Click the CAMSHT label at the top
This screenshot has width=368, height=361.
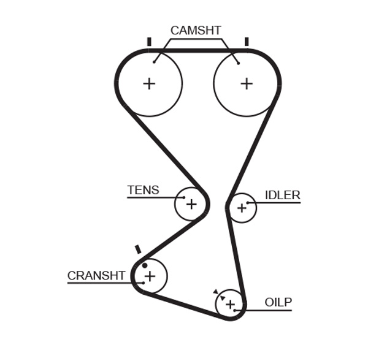point(196,31)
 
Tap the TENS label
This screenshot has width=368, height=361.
point(143,190)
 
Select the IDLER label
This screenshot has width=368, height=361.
point(282,196)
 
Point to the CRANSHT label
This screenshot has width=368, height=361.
point(96,276)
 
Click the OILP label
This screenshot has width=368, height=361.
point(278,302)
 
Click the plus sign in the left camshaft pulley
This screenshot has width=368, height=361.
point(149,83)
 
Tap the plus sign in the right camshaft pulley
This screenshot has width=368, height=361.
point(246,83)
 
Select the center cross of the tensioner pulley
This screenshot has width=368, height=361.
point(191,203)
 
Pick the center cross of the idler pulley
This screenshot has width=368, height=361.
point(242,208)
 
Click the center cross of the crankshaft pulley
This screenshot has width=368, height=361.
point(150,276)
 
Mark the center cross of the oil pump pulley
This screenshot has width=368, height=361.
point(230,304)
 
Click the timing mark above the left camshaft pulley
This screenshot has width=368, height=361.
point(149,42)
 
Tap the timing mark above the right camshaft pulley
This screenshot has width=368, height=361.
point(247,42)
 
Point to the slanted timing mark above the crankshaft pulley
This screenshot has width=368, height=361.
point(138,249)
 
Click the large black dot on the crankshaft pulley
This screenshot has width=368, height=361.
point(145,265)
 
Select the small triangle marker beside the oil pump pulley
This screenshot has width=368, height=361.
point(215,292)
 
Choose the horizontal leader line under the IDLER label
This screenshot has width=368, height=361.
point(276,202)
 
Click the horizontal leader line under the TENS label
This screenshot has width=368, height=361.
point(153,197)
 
